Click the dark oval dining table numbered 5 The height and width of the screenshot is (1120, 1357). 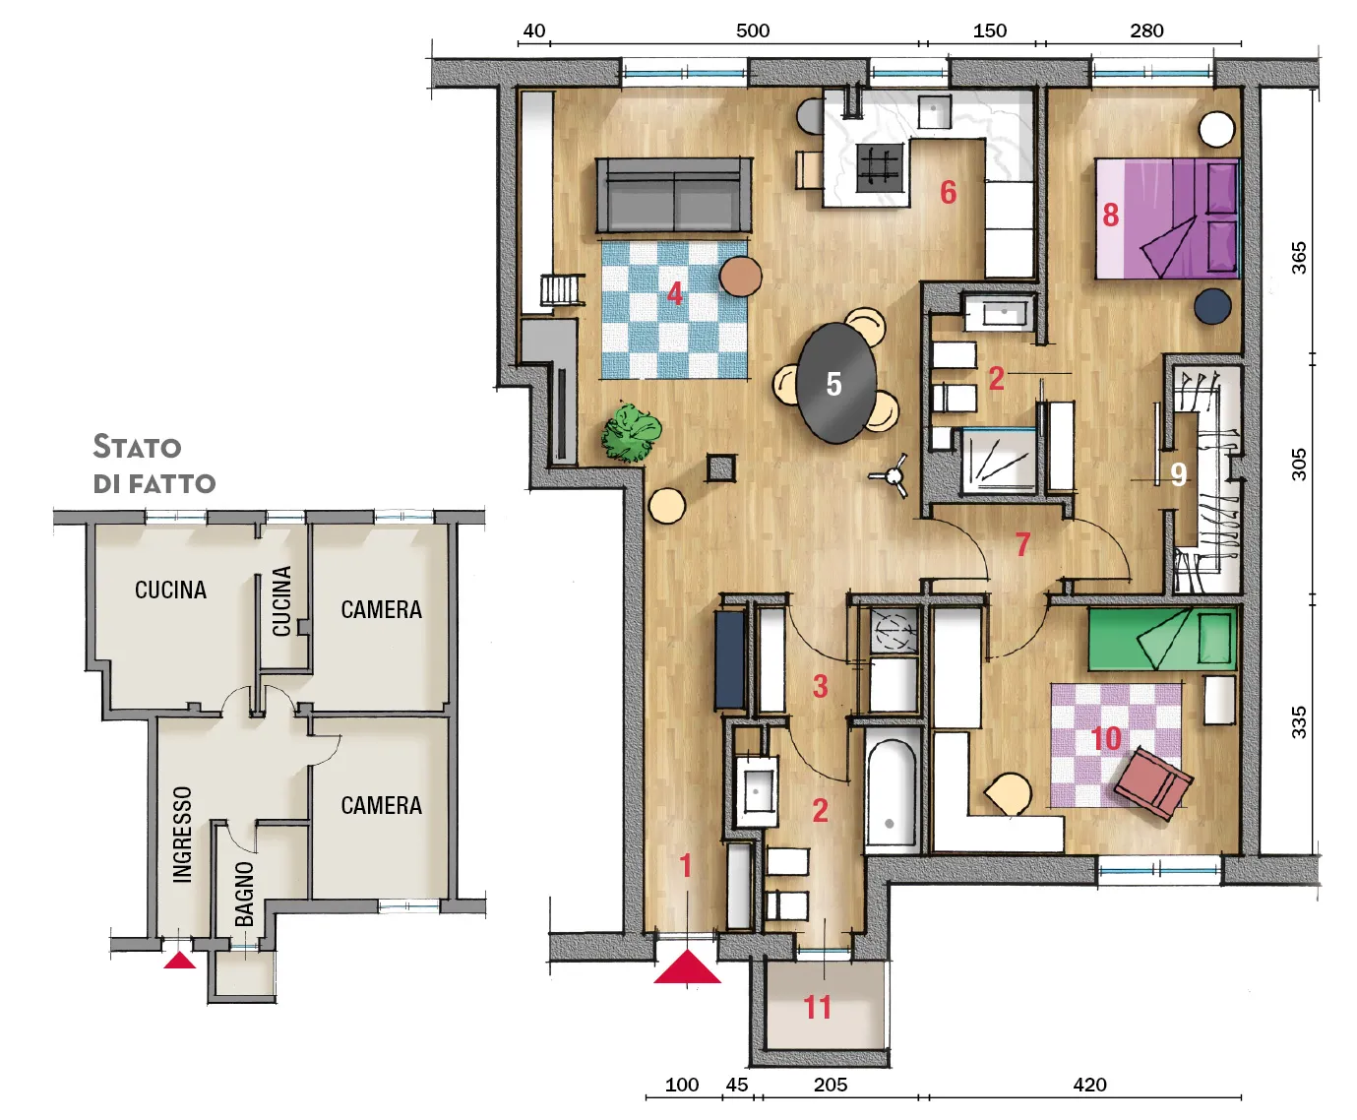835,384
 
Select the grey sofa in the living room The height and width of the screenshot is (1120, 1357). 674,194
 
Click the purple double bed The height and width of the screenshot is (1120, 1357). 1167,218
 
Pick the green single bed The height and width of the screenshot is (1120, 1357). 1162,639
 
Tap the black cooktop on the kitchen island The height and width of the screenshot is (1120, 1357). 880,167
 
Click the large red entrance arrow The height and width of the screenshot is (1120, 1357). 687,967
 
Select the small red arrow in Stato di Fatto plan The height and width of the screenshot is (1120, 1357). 180,961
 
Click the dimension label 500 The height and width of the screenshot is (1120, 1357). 753,31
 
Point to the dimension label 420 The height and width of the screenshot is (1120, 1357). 1089,1085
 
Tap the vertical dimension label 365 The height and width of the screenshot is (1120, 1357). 1298,258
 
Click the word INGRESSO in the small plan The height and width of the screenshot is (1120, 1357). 183,835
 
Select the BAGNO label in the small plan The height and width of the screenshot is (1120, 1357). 244,894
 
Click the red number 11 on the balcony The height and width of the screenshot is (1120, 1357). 817,1008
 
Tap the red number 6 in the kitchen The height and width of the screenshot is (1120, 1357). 949,193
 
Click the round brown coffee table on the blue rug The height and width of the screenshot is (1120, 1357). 740,277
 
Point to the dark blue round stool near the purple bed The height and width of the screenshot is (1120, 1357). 1212,305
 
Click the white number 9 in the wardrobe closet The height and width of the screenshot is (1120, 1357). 1178,475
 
